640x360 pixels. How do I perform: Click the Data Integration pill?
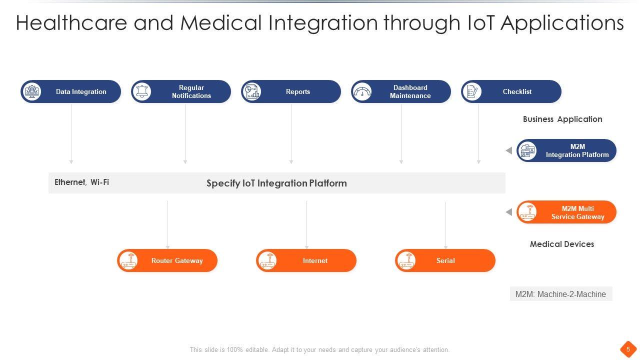(71, 91)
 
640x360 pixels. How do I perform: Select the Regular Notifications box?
(181, 91)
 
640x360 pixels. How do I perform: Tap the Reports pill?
(291, 91)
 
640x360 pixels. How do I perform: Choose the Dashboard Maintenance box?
(401, 91)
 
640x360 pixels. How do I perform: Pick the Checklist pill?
(511, 91)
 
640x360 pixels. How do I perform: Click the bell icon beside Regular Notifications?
(142, 91)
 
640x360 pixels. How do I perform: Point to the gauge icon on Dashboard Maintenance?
(362, 91)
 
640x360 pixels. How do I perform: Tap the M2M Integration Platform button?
(566, 150)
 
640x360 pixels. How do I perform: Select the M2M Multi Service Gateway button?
(566, 212)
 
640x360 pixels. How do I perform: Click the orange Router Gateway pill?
(167, 260)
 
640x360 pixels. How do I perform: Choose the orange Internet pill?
(306, 260)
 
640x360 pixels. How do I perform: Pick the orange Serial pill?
(445, 260)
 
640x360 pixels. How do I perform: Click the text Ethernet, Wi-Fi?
(81, 182)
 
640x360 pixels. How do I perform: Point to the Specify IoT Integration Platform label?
(276, 183)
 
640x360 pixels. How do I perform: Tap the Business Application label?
(562, 119)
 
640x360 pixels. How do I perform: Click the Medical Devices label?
(562, 244)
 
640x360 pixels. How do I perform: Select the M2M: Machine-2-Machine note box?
(561, 294)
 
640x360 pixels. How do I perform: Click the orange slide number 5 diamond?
(628, 348)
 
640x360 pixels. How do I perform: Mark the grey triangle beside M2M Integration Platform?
(509, 150)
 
